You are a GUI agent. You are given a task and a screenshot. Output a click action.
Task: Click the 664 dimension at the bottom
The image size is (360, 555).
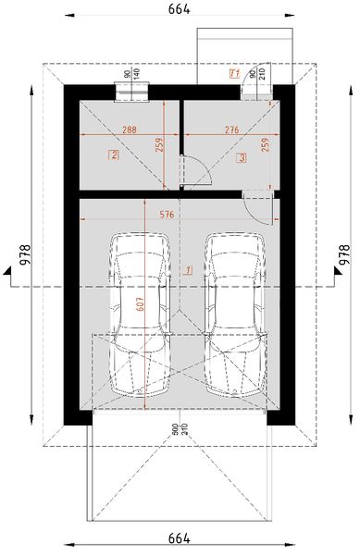[179, 538]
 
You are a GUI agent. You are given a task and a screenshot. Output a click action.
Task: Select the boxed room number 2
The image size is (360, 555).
[114, 155]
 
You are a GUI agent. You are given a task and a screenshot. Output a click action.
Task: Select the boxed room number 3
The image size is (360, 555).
[241, 158]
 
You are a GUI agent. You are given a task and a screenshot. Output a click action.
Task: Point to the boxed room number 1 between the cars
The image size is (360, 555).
[188, 271]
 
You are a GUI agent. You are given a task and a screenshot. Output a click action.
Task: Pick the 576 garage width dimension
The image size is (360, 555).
[167, 214]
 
